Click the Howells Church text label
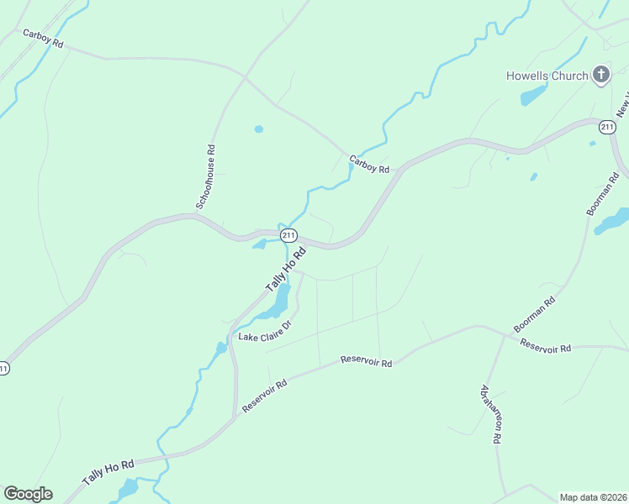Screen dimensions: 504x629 pyautogui.click(x=547, y=76)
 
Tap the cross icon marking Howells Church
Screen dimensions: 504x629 pyautogui.click(x=600, y=75)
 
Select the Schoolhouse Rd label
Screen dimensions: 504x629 pyautogui.click(x=206, y=177)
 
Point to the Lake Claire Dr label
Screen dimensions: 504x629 pyautogui.click(x=264, y=332)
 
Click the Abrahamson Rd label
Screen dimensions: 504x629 pyautogui.click(x=491, y=413)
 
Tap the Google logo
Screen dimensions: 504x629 pyautogui.click(x=28, y=494)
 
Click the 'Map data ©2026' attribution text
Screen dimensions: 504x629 pyautogui.click(x=594, y=497)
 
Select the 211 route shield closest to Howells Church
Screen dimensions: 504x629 pyautogui.click(x=606, y=127)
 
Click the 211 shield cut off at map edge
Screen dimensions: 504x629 pyautogui.click(x=4, y=368)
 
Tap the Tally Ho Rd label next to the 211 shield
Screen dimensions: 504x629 pyautogui.click(x=285, y=269)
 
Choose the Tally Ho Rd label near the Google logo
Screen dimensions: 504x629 pyautogui.click(x=108, y=472)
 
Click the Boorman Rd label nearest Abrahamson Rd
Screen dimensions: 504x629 pyautogui.click(x=534, y=314)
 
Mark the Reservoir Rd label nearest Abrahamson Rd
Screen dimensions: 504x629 pyautogui.click(x=545, y=345)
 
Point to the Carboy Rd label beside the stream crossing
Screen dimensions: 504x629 pyautogui.click(x=370, y=164)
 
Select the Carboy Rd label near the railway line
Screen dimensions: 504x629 pyautogui.click(x=44, y=39)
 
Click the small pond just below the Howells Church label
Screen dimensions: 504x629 pyautogui.click(x=533, y=96)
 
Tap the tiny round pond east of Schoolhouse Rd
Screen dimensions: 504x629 pyautogui.click(x=258, y=129)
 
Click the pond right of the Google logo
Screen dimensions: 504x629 pyautogui.click(x=127, y=488)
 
